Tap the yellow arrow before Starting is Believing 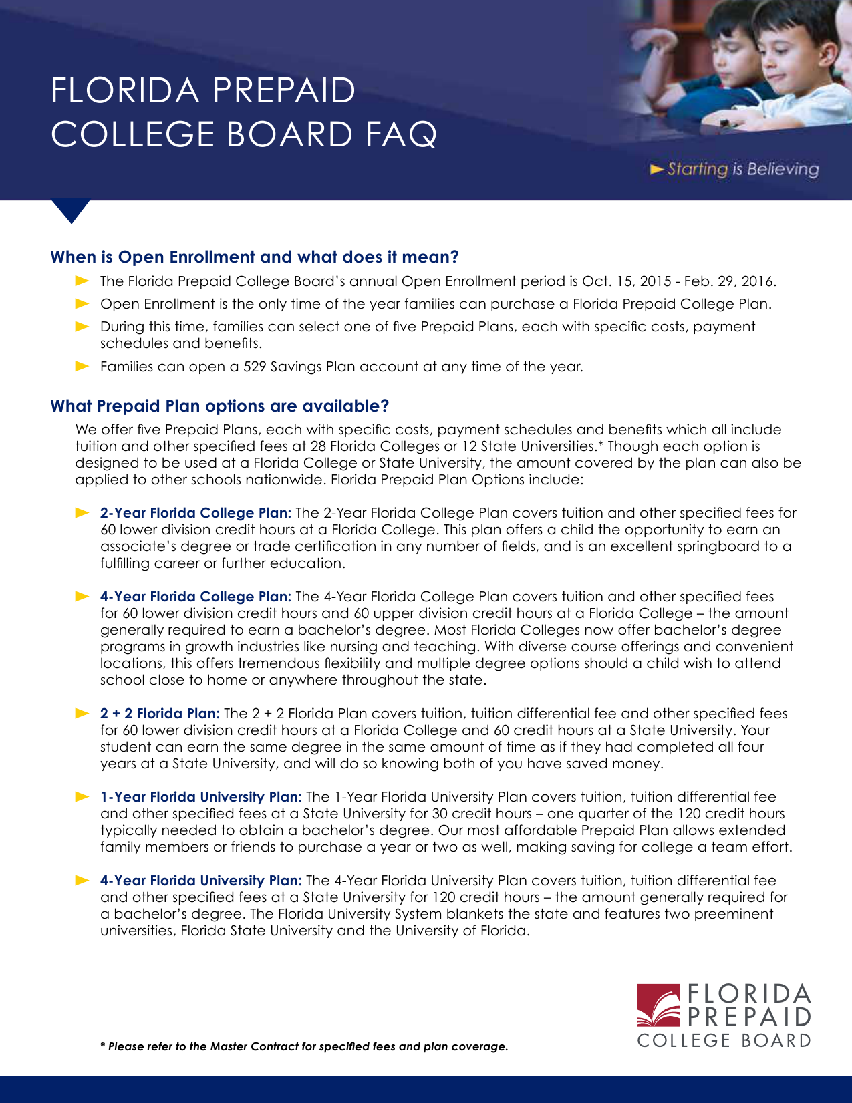pyautogui.click(x=657, y=169)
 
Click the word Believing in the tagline pyautogui.click(x=783, y=169)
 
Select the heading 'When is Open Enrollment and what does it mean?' pyautogui.click(x=255, y=257)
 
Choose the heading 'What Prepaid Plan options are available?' pyautogui.click(x=220, y=406)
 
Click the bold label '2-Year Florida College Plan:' pyautogui.click(x=195, y=513)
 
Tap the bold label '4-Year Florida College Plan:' pyautogui.click(x=195, y=597)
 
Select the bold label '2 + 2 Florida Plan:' pyautogui.click(x=160, y=714)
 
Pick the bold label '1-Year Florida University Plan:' pyautogui.click(x=200, y=797)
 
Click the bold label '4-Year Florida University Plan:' pyautogui.click(x=200, y=881)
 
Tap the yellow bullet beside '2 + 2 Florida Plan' pyautogui.click(x=82, y=713)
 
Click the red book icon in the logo pyautogui.click(x=658, y=1005)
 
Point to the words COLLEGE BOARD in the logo pyautogui.click(x=724, y=1041)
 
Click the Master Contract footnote pyautogui.click(x=304, y=1046)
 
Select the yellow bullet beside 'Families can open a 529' pyautogui.click(x=82, y=366)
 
